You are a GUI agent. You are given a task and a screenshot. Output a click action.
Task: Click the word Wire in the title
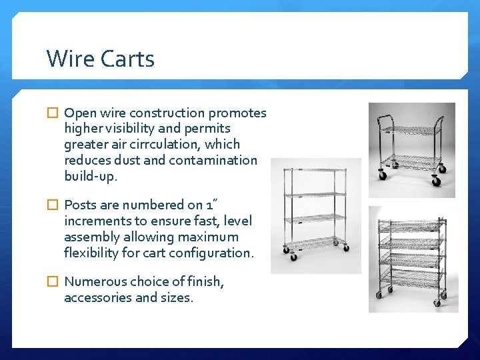tap(71, 59)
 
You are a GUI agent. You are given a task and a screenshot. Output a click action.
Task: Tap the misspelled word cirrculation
tap(176, 144)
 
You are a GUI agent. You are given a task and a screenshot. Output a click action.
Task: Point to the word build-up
tap(91, 176)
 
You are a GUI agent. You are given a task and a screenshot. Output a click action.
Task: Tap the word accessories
tap(98, 297)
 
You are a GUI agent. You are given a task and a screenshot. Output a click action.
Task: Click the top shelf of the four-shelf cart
tap(315, 171)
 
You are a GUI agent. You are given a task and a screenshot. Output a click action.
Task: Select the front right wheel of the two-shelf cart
tap(437, 181)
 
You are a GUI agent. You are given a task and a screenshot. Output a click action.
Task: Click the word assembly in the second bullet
tap(92, 237)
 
